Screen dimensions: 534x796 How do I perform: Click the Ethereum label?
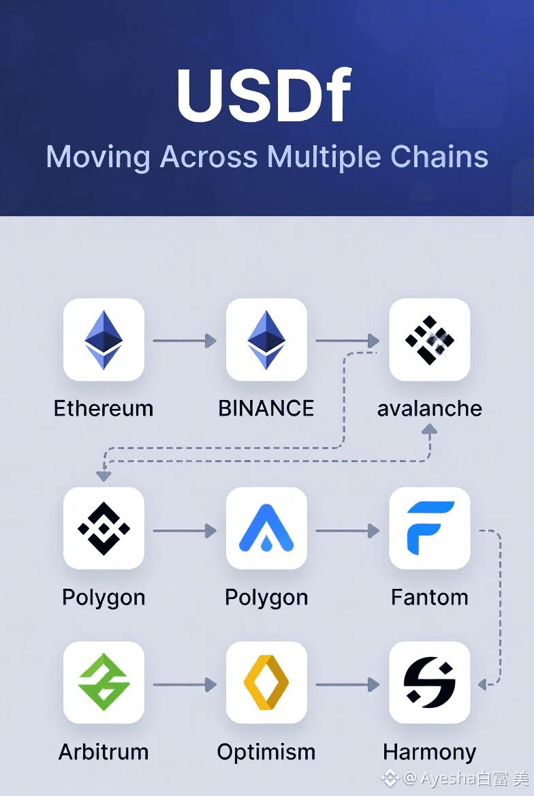click(x=104, y=408)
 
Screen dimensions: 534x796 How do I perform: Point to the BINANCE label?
click(x=266, y=408)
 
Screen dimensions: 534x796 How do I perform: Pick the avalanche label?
click(x=429, y=408)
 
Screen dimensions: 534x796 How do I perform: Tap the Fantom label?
click(x=429, y=597)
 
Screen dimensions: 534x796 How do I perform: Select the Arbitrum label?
click(x=104, y=752)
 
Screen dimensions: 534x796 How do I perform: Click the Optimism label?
click(x=266, y=752)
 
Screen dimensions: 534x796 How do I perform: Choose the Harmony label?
click(x=429, y=752)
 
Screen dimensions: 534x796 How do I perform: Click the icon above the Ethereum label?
click(x=104, y=339)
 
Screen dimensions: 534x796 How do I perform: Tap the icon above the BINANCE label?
click(x=266, y=339)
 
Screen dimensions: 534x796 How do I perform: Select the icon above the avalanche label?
click(x=429, y=339)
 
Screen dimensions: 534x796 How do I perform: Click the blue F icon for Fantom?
click(x=429, y=528)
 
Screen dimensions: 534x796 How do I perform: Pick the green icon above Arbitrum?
click(x=104, y=682)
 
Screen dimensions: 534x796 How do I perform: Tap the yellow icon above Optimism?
click(x=266, y=682)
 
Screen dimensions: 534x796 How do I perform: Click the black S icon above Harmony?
click(x=429, y=682)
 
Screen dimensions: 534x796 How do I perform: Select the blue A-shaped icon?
click(x=266, y=528)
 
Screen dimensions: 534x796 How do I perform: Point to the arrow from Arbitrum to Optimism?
click(x=185, y=684)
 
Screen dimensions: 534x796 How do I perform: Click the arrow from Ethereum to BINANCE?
click(x=185, y=340)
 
